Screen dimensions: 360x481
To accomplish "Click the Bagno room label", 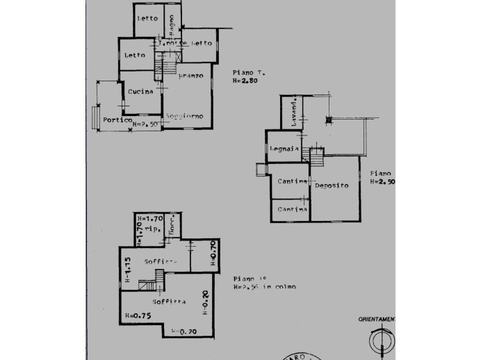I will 170,21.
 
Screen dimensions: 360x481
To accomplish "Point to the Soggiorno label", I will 184,116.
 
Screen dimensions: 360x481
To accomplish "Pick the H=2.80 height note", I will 245,81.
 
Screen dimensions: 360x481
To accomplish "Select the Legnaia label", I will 285,149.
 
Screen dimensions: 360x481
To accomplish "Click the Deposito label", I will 332,186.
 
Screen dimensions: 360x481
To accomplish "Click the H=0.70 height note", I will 213,254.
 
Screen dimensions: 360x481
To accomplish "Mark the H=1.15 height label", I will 128,271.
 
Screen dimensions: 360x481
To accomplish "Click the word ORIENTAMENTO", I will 376,319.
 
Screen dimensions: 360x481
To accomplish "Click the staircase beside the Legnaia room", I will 316,157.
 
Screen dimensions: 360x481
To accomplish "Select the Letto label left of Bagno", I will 147,18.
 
